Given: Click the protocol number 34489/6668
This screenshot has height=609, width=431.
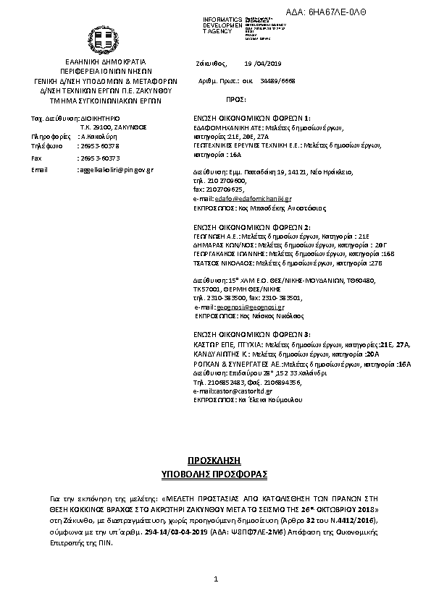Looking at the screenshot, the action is (x=278, y=82).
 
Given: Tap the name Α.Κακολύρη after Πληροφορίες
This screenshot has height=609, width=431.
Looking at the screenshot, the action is (x=94, y=136).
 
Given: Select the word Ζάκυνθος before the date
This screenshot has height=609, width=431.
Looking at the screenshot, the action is (x=212, y=64).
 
